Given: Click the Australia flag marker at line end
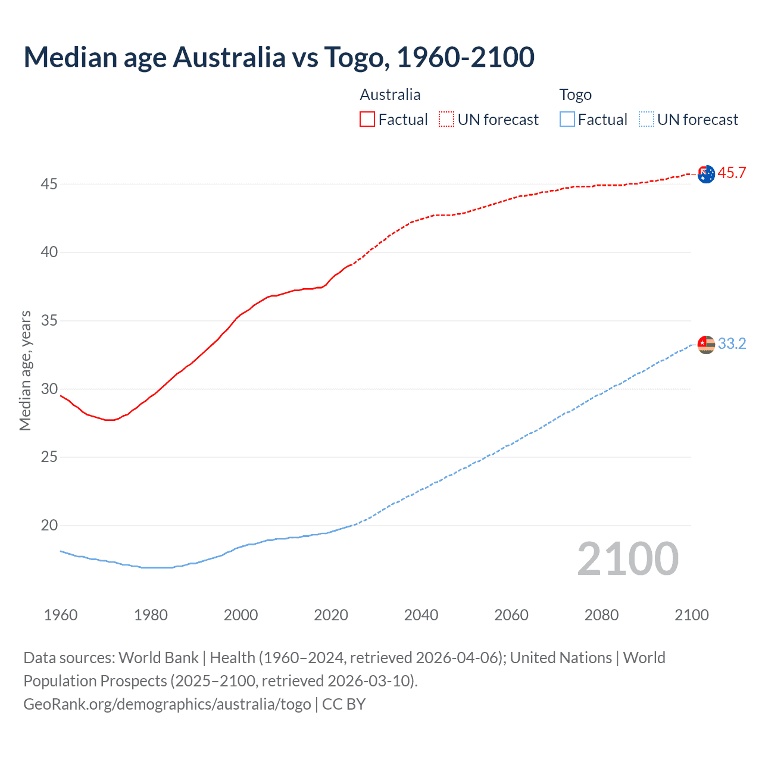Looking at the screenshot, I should point(706,174).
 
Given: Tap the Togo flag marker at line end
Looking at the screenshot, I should point(706,345).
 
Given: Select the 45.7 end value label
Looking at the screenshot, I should point(732,173).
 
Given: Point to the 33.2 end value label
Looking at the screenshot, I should point(732,344).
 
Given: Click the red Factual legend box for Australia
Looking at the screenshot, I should point(367,120).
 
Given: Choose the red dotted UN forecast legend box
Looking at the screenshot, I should point(446,120).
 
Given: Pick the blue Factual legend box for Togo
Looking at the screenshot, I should point(567,120).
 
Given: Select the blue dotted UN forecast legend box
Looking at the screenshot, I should point(646,120).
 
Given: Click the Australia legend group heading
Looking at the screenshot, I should point(390,95).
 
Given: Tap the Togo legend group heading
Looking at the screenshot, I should point(575,95).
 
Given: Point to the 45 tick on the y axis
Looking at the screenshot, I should point(49,185).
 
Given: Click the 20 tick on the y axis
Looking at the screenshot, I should point(49,526).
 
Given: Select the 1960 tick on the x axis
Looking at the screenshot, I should point(61,615).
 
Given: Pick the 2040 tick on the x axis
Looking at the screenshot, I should point(421,615).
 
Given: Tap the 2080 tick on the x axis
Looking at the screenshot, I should point(601,615).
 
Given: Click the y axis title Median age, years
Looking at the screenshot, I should point(25,370).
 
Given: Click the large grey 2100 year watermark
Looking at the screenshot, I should point(627,559).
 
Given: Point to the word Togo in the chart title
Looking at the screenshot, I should point(356,58).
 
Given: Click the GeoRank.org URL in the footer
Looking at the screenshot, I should point(167,704).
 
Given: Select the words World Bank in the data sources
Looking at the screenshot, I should point(158,658).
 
